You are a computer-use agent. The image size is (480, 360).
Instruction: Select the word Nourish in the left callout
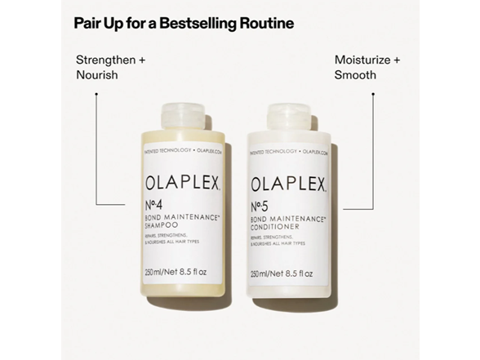coord(97,74)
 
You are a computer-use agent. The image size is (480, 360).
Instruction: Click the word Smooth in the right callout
coord(355,74)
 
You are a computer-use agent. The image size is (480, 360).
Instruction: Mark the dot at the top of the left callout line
coord(96,94)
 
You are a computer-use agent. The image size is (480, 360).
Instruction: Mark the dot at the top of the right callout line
coord(373,94)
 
